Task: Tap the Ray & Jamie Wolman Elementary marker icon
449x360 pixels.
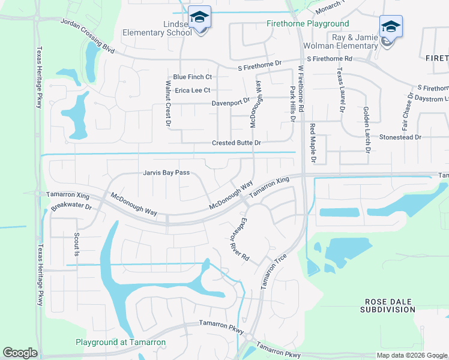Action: click(x=390, y=27)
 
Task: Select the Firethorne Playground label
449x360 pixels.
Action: click(x=307, y=24)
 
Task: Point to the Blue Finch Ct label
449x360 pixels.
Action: click(x=192, y=77)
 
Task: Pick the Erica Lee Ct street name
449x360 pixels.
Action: click(x=192, y=91)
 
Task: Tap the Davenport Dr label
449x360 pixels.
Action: click(x=230, y=103)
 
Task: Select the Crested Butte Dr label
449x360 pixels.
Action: click(x=236, y=143)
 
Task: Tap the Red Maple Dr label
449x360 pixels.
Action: click(x=313, y=143)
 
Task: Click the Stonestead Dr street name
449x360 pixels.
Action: click(x=400, y=137)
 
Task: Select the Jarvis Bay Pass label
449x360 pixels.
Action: click(x=166, y=173)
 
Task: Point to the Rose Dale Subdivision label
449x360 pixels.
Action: click(x=388, y=305)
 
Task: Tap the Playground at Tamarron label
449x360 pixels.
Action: click(x=120, y=343)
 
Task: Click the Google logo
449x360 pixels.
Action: click(x=20, y=353)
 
